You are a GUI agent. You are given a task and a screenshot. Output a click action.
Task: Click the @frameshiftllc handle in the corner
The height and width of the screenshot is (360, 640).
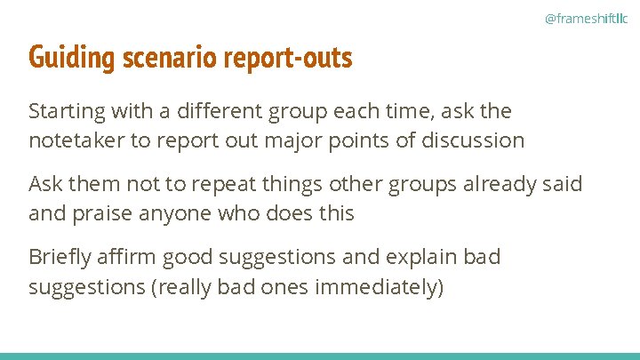click(585, 18)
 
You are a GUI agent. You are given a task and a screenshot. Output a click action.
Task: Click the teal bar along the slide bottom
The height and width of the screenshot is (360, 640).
click(320, 356)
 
